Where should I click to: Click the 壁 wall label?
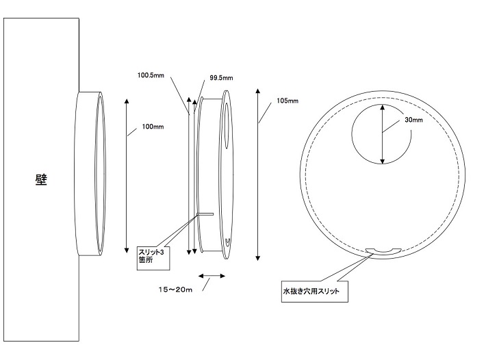(x=41, y=180)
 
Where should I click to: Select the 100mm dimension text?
(x=153, y=127)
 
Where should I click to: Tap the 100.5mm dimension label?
(x=151, y=75)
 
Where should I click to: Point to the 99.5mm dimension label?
(x=221, y=78)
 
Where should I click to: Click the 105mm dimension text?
(x=287, y=101)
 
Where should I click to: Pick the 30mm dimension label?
(x=413, y=120)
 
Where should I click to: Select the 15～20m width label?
(x=175, y=290)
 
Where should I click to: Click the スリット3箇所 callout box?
(x=153, y=259)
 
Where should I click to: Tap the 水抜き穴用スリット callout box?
(x=315, y=292)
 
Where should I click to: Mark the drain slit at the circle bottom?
(x=383, y=252)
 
